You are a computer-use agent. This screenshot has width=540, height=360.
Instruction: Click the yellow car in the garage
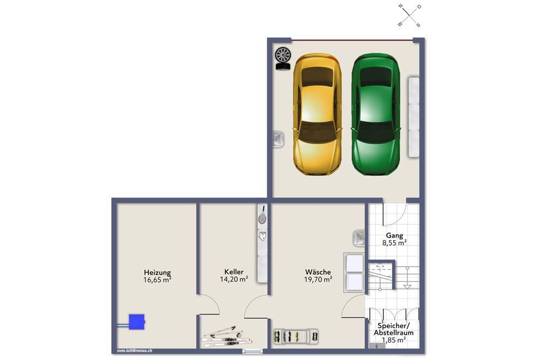(x=317, y=114)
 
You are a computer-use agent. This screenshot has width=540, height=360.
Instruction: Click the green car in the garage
(x=375, y=114)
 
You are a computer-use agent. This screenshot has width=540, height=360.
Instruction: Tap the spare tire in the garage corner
(x=282, y=58)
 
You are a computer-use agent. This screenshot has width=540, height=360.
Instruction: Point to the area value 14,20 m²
(x=234, y=280)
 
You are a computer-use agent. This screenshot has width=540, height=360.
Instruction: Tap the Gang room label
(x=394, y=235)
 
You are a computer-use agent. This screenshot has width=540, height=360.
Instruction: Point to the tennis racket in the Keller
(x=262, y=215)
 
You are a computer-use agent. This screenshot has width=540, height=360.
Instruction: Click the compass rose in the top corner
(x=410, y=15)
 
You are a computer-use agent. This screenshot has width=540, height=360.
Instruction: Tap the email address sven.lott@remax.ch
(x=134, y=350)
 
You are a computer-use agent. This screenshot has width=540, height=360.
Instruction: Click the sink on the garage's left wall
(x=278, y=140)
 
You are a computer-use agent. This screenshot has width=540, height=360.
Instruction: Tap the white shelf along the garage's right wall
(x=414, y=117)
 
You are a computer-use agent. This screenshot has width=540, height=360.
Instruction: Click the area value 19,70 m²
(x=318, y=280)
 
